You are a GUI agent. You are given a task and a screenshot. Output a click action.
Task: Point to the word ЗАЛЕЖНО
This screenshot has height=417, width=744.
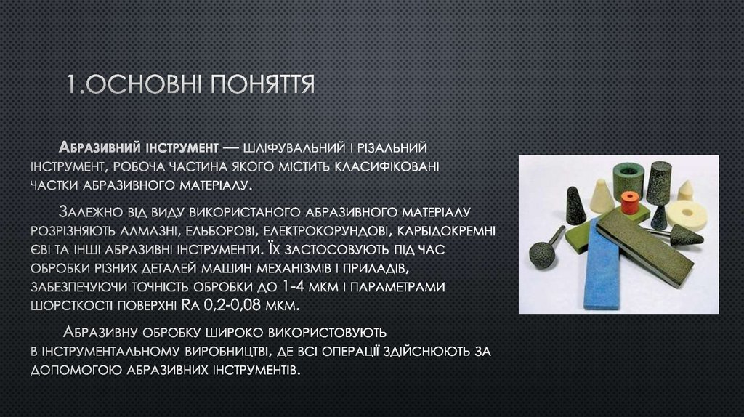tap(98, 212)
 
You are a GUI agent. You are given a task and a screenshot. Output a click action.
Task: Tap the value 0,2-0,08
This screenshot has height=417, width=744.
tap(238, 305)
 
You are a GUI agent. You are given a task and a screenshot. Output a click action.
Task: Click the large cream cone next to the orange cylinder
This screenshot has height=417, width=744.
tap(601, 196)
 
